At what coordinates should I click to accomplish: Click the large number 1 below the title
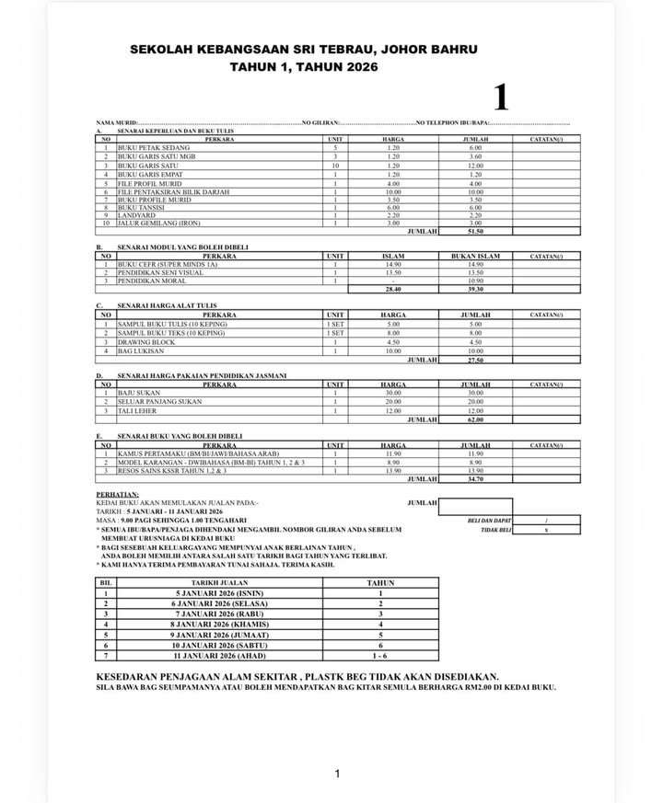[x=500, y=97]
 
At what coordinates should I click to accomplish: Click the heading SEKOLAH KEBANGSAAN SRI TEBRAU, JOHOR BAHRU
[x=304, y=49]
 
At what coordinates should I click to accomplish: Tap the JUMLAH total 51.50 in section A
[x=475, y=232]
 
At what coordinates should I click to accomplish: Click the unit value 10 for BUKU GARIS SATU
[x=336, y=166]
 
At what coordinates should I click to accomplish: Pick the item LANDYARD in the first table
[x=136, y=215]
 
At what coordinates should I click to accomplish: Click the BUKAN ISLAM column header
[x=475, y=256]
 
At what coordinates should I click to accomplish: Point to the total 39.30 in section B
[x=475, y=289]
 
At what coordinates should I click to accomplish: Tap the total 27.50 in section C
[x=475, y=360]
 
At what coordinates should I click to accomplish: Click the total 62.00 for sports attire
[x=475, y=419]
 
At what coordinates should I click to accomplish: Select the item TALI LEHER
[x=136, y=410]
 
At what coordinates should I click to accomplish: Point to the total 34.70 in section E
[x=475, y=478]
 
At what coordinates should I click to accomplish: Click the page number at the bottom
[x=337, y=774]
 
